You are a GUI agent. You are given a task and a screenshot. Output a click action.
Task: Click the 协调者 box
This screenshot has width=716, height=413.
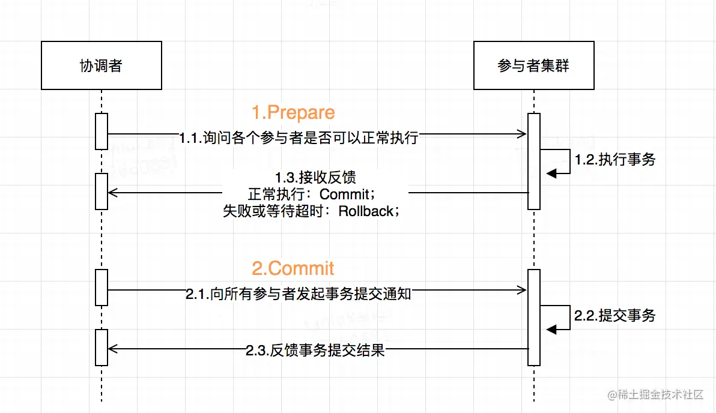[102, 65]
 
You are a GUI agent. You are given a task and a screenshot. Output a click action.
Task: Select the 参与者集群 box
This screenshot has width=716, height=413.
[533, 65]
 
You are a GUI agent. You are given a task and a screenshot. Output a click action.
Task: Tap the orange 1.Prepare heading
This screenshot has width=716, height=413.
[293, 112]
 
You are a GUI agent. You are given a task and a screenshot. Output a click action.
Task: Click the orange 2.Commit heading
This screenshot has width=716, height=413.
[293, 268]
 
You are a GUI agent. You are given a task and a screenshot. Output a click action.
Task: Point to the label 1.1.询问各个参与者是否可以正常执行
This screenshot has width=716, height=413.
[299, 137]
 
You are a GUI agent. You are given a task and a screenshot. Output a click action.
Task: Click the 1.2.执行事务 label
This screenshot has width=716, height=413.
[614, 160]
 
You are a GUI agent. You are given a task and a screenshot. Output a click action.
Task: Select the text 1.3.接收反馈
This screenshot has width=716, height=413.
[315, 178]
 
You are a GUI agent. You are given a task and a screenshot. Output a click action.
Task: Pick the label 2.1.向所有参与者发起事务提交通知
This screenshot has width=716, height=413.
[299, 294]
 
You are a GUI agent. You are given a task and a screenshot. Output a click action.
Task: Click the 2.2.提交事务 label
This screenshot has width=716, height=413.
[614, 316]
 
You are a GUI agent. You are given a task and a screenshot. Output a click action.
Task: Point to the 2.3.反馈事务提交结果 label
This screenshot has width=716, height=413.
[315, 351]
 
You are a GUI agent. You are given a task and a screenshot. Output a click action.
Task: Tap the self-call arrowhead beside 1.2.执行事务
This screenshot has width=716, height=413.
[551, 173]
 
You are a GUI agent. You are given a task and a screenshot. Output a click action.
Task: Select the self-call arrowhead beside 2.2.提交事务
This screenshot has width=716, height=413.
[551, 328]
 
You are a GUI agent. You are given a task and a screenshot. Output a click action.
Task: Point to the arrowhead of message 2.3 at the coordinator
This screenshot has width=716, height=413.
[112, 348]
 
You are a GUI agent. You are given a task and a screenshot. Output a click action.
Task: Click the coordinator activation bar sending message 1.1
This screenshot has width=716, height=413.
[102, 131]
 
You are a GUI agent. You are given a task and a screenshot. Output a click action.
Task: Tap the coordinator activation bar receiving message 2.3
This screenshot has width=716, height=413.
[102, 347]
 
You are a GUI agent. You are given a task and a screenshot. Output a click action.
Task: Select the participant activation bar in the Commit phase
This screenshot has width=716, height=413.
[533, 317]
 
